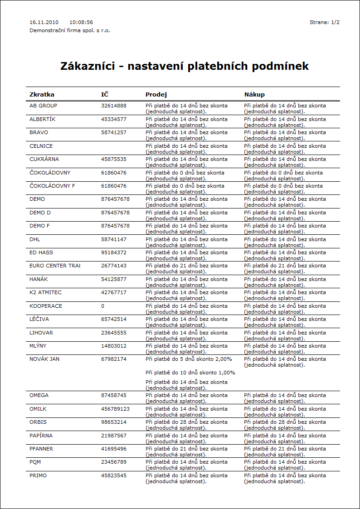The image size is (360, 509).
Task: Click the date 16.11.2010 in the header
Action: point(44,22)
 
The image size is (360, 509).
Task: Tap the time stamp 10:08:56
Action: point(81,22)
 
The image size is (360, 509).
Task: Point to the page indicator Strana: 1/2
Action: point(325,22)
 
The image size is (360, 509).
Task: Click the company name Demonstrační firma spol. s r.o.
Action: point(70,30)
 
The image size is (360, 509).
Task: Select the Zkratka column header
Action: point(42,95)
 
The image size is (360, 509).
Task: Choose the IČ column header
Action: point(105,95)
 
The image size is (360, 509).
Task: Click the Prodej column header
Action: point(156,95)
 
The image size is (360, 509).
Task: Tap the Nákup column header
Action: point(254,95)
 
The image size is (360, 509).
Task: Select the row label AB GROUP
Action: point(44,106)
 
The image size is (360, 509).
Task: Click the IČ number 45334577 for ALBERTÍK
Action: point(114,119)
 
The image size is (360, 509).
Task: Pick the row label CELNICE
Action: point(41,146)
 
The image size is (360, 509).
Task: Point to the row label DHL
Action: point(35,239)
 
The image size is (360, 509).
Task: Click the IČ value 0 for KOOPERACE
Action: point(102,306)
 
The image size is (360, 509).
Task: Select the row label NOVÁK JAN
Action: point(44,359)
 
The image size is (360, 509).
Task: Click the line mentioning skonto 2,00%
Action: point(189,359)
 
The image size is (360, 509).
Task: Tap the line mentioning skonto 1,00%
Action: point(190,373)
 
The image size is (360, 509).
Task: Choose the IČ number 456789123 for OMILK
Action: point(115,409)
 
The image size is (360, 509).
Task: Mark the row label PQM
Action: point(35,462)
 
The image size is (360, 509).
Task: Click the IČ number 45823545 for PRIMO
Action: point(114,475)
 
